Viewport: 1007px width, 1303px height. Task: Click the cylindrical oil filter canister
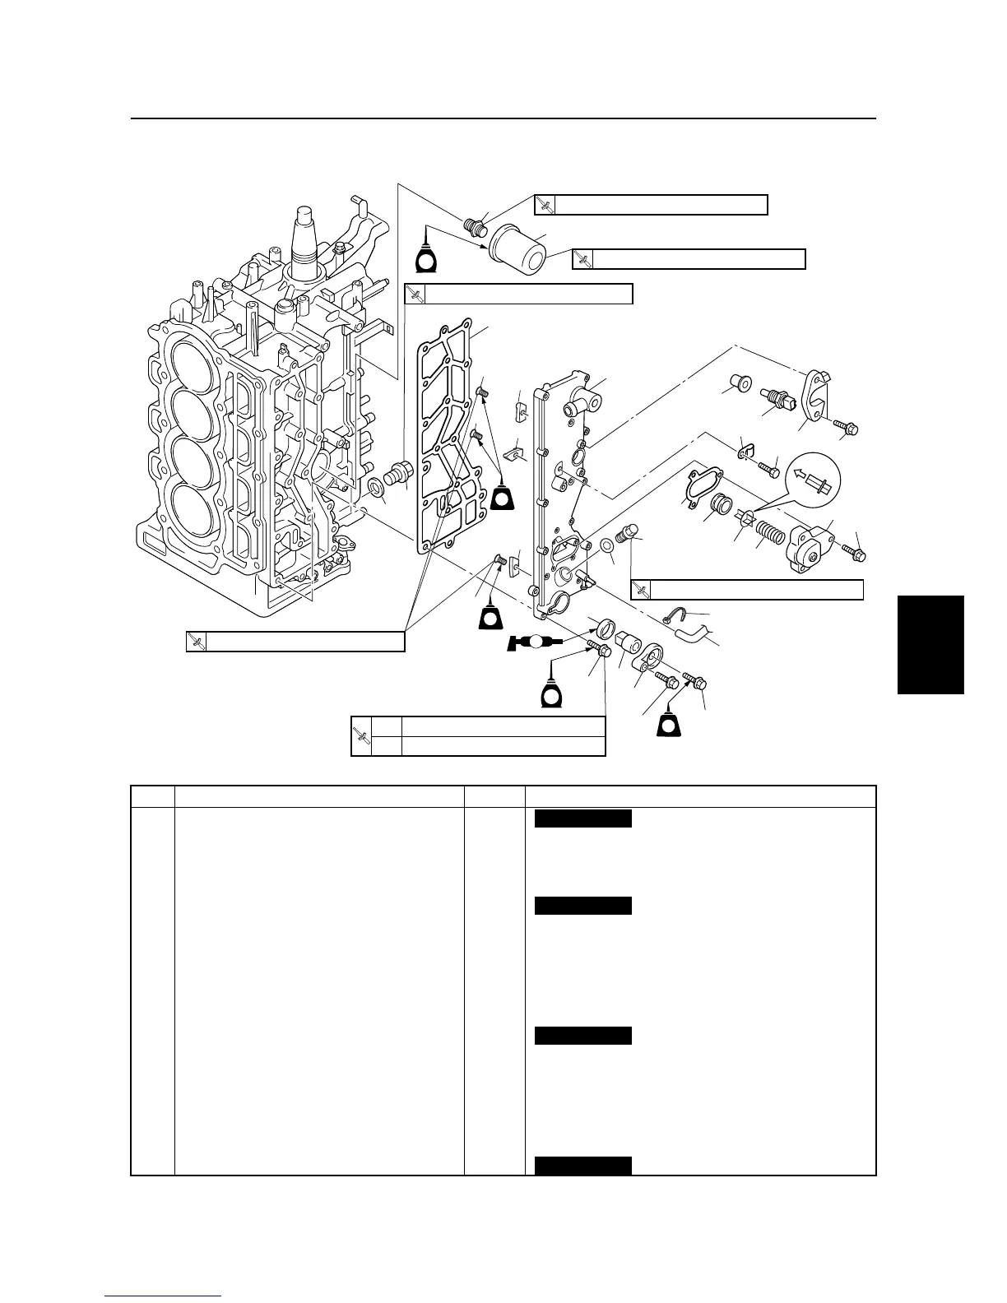click(517, 248)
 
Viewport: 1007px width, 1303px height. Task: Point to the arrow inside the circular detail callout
click(814, 480)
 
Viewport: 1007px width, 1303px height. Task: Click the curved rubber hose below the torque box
click(690, 634)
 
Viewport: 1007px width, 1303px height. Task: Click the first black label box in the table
click(582, 818)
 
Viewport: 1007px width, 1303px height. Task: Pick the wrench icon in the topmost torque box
click(545, 205)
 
